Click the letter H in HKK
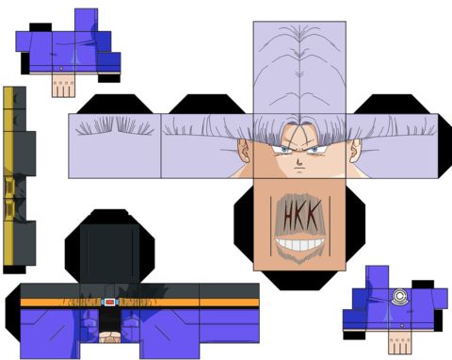pos(289,216)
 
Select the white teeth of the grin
pos(299,244)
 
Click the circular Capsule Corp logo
pos(399,297)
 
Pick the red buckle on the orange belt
pos(109,303)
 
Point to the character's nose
pos(299,162)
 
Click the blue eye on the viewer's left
pos(284,150)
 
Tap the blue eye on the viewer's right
pos(315,150)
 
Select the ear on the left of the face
pos(244,151)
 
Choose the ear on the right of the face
pos(356,151)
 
